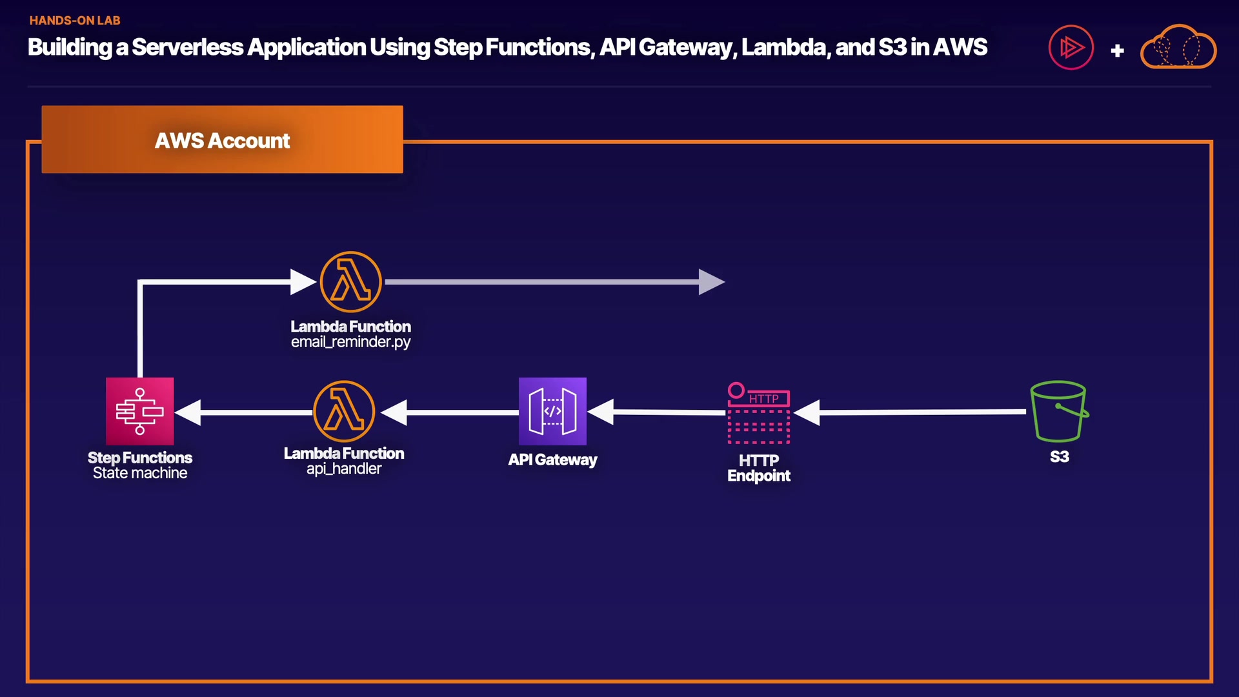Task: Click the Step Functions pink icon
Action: (139, 411)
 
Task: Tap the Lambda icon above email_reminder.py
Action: (351, 282)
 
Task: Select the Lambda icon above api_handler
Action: (344, 411)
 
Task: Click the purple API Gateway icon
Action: (552, 411)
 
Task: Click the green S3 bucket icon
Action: (1059, 411)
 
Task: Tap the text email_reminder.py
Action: (350, 342)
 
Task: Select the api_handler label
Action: (344, 469)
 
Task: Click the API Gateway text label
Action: (552, 460)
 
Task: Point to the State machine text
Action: (140, 473)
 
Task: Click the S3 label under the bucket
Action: (1060, 457)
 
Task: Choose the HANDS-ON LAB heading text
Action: (75, 21)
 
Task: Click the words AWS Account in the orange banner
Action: (222, 141)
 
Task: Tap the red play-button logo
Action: (1071, 47)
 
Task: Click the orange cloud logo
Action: (1178, 48)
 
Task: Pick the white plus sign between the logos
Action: (1118, 50)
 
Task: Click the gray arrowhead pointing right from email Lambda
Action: (711, 282)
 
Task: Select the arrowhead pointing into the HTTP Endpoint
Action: (807, 412)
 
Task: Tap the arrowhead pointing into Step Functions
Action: (188, 412)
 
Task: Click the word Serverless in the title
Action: (187, 47)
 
